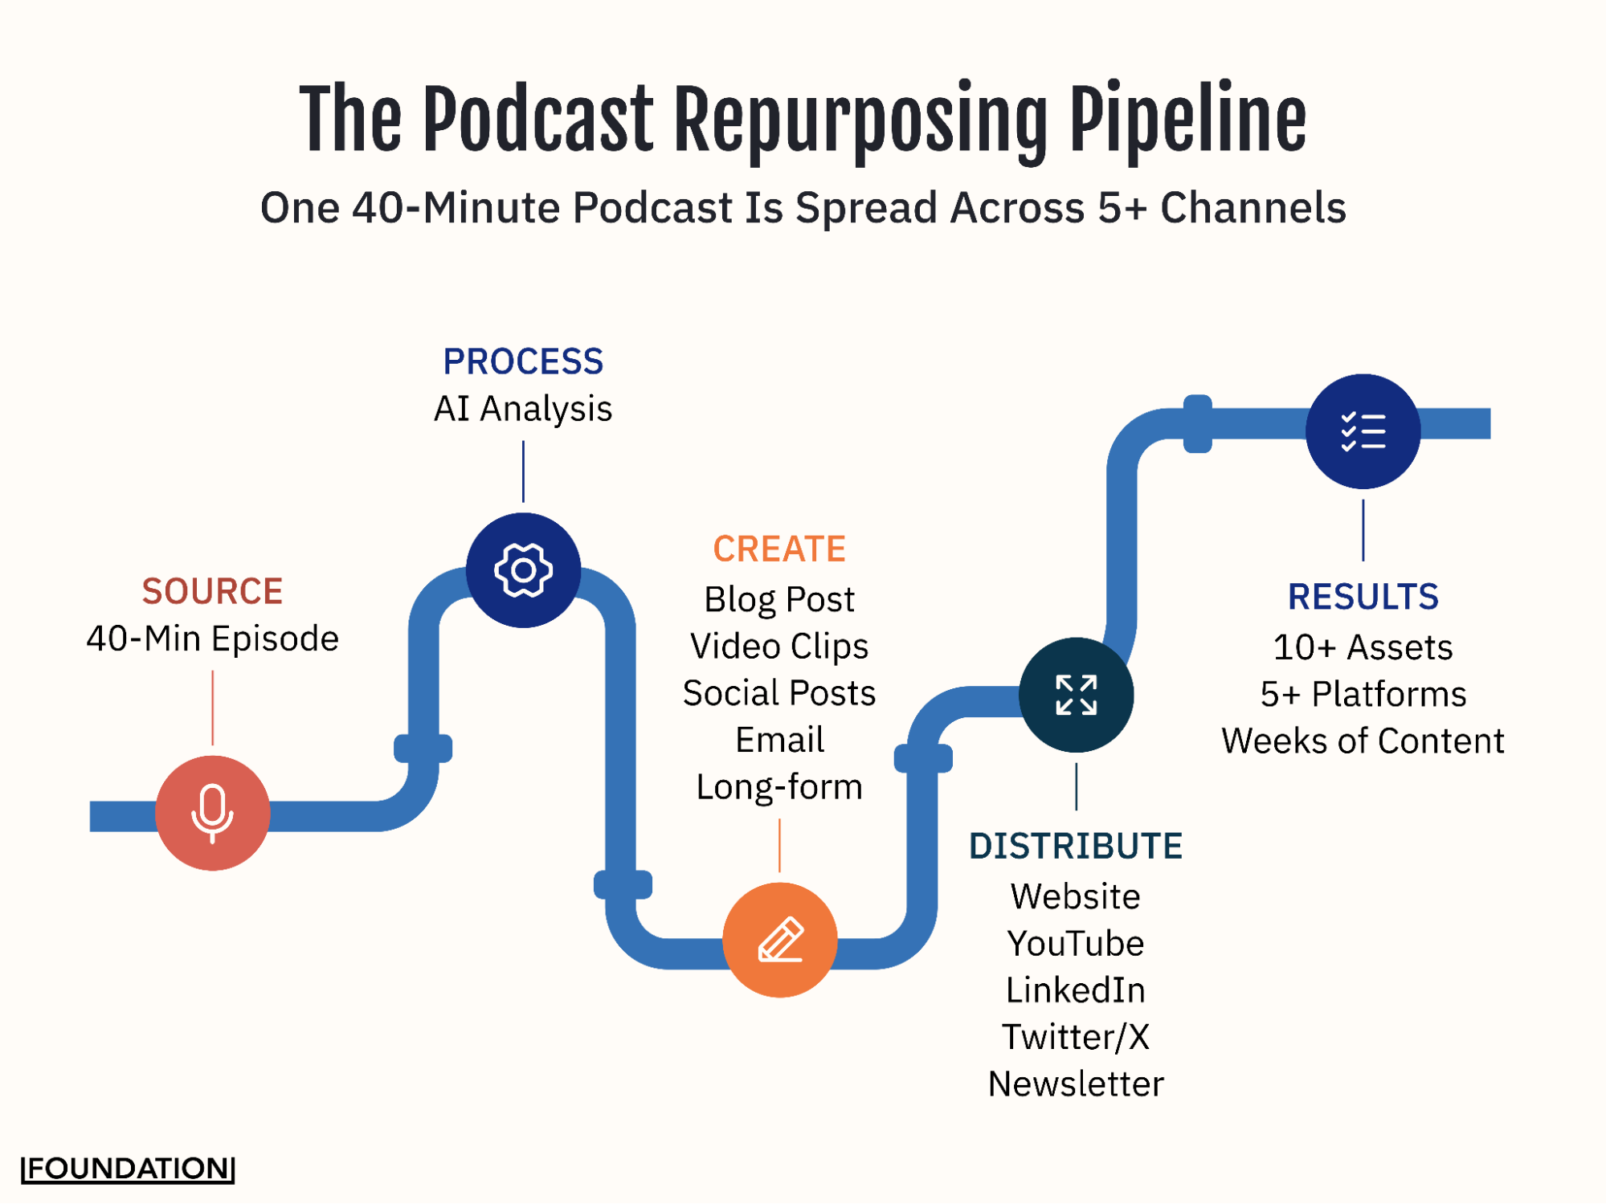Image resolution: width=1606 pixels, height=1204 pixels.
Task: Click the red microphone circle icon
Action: point(212,812)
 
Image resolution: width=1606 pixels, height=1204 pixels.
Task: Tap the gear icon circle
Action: point(523,569)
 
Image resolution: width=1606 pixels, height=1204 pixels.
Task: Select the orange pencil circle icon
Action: point(779,939)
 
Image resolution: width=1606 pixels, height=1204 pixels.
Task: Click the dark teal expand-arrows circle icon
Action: point(1076,695)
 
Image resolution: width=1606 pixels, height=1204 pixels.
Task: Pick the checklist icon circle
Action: point(1363,431)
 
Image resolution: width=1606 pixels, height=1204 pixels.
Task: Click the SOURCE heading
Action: point(212,591)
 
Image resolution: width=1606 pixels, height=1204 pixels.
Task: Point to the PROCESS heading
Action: point(523,361)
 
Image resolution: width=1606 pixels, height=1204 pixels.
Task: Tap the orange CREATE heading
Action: point(779,549)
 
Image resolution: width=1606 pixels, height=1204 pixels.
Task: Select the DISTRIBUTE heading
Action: point(1075,846)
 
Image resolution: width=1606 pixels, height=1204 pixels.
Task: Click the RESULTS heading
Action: point(1363,597)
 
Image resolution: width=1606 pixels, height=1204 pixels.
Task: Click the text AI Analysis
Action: point(523,409)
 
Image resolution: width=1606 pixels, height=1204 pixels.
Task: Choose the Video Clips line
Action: point(779,646)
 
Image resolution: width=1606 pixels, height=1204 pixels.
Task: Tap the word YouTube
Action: point(1075,943)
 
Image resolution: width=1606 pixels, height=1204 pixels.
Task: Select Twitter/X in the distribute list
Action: point(1075,1037)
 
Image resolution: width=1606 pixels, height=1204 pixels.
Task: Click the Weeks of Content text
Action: point(1363,741)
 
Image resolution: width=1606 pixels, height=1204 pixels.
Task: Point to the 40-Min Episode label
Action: point(212,639)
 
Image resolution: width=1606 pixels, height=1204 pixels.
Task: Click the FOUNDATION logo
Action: point(128,1168)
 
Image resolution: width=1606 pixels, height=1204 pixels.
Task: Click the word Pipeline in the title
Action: point(1187,120)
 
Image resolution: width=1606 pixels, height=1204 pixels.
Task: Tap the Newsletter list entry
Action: point(1075,1084)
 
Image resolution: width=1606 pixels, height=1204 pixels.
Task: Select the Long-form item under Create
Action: point(779,786)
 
